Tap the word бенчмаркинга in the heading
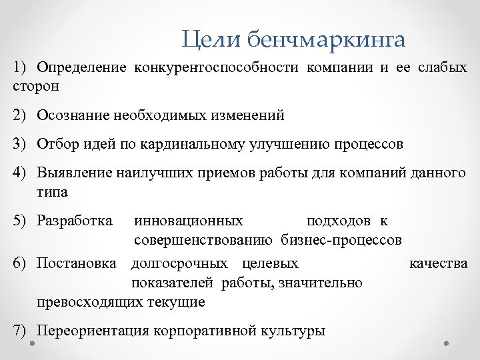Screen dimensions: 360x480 click(x=326, y=39)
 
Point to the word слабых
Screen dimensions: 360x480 click(x=443, y=68)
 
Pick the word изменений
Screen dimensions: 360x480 click(x=251, y=115)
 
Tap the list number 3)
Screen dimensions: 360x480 click(x=20, y=144)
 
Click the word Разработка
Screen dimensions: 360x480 click(x=75, y=221)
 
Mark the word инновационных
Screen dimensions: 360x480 click(x=189, y=221)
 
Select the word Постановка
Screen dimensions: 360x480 click(x=77, y=263)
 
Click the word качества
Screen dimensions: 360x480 click(x=439, y=263)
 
